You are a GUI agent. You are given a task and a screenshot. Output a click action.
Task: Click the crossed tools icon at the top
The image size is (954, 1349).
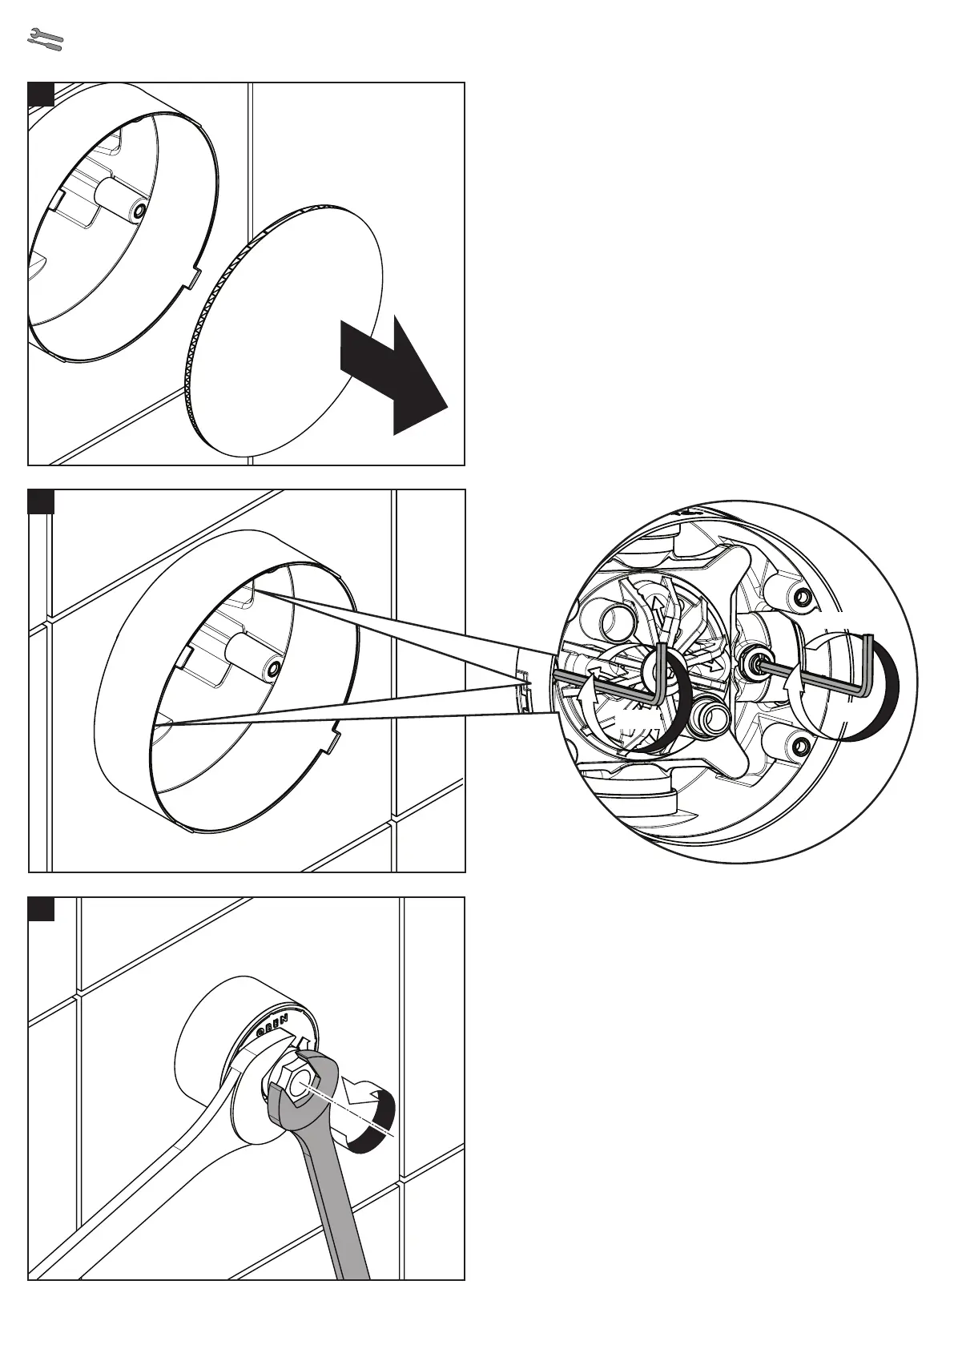(45, 38)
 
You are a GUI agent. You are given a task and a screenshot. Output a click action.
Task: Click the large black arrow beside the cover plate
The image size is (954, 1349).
(392, 376)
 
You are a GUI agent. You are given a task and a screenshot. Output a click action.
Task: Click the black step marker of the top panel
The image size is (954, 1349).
(41, 94)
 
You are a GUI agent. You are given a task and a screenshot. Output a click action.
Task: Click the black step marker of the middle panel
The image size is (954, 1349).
(41, 501)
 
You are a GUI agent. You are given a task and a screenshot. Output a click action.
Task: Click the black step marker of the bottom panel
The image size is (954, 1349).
(41, 909)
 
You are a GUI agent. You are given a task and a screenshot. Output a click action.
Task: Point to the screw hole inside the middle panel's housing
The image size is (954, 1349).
(274, 666)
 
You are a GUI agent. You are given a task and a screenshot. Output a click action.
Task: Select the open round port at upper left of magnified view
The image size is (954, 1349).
(615, 619)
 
